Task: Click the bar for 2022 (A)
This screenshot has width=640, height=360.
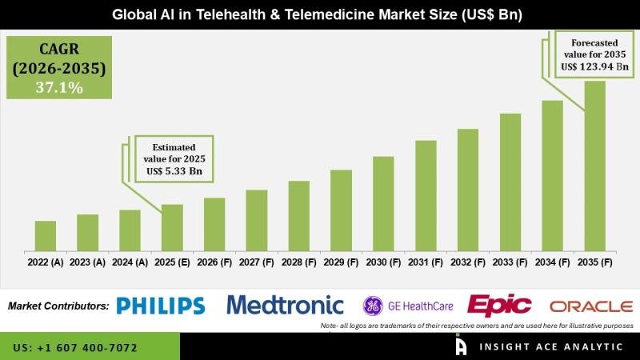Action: coord(46,235)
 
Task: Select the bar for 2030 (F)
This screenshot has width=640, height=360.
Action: coord(383,203)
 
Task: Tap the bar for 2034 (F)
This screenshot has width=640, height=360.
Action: coord(553,175)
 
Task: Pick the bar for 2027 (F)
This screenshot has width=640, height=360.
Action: coord(256,220)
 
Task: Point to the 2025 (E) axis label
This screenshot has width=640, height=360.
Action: coord(172,262)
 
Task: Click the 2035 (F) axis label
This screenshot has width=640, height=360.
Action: coord(595,262)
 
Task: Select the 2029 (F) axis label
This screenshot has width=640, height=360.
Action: coord(341,262)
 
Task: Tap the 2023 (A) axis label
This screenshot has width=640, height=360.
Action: coord(88,262)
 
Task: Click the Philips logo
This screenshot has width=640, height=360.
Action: coord(160,305)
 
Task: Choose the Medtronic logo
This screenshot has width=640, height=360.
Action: coord(285,305)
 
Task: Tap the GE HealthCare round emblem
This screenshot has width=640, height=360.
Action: coord(373,306)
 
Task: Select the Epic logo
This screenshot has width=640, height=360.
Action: coord(500,305)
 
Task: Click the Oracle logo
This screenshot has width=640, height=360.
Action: coord(591,306)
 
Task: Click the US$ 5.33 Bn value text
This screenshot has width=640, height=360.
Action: coord(174,170)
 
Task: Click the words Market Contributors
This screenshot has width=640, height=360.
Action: coord(58,306)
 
